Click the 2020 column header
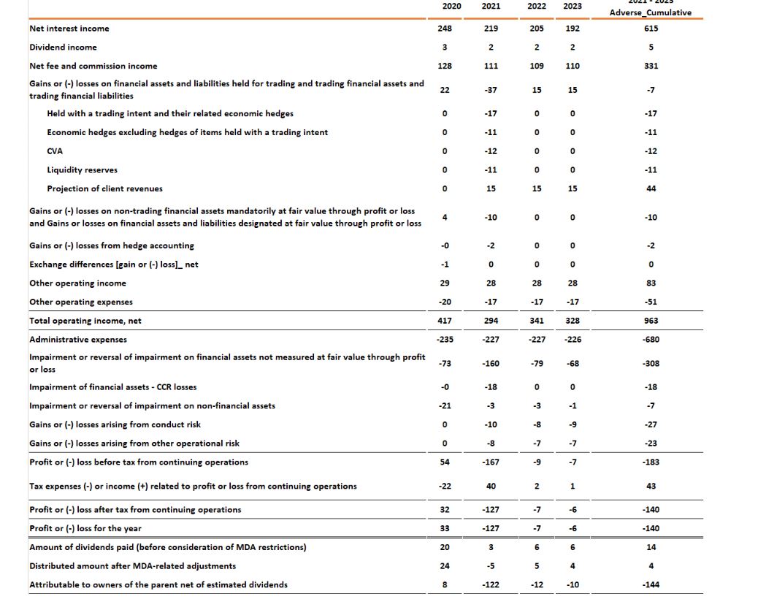click(x=452, y=6)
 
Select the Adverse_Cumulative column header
click(x=651, y=12)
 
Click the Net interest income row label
click(x=69, y=28)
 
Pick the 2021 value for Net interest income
click(x=491, y=28)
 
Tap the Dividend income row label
click(x=63, y=47)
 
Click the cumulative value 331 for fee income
click(x=651, y=66)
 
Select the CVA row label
click(x=55, y=151)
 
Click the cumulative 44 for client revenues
click(x=651, y=188)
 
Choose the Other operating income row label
click(x=77, y=283)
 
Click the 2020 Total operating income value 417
click(x=445, y=321)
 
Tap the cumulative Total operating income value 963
click(x=651, y=321)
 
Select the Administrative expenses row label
click(x=78, y=340)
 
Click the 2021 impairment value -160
click(x=491, y=363)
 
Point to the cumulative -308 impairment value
click(x=651, y=363)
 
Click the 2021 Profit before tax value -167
click(x=491, y=462)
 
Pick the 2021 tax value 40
click(x=491, y=487)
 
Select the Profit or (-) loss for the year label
click(x=85, y=528)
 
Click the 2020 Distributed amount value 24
click(x=445, y=566)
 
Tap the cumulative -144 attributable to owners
click(x=651, y=584)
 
